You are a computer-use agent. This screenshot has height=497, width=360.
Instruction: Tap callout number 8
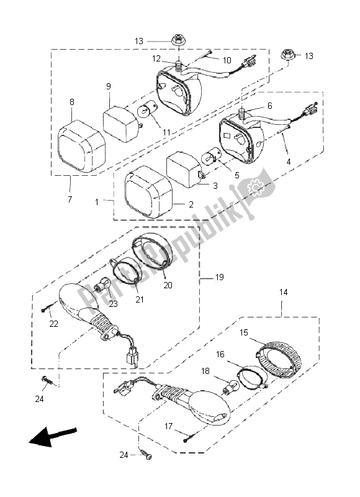click(x=72, y=101)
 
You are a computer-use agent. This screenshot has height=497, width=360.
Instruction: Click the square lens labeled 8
click(x=81, y=147)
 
